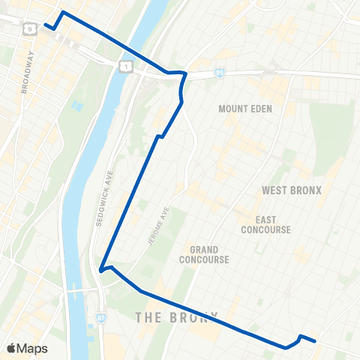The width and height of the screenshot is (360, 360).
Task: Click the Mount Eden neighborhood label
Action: coord(245,109)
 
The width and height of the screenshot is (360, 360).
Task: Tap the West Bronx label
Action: coord(291,190)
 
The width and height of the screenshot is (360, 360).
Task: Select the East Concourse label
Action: coord(266,224)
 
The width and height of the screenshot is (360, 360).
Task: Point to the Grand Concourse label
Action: coord(203,254)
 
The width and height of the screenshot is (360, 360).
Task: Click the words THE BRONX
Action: coord(177,317)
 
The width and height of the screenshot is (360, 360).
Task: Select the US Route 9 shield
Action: coord(28,28)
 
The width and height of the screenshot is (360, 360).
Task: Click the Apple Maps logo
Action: coord(27,349)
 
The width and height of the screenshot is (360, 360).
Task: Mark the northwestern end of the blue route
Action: coord(46,25)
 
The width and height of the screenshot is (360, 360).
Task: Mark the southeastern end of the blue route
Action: coord(315,340)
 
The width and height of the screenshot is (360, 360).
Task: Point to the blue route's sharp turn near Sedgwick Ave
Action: coord(100,270)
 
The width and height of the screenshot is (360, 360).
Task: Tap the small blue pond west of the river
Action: coord(76,106)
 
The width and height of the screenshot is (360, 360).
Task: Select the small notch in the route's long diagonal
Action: coord(159,136)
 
